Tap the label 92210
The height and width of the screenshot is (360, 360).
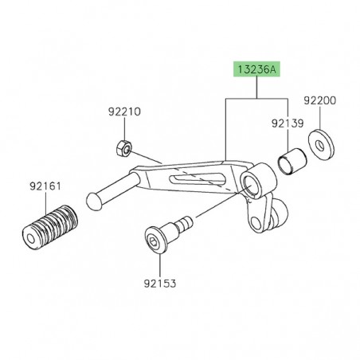[x=125, y=113]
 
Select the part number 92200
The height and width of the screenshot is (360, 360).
[x=319, y=102]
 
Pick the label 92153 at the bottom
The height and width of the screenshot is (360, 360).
[x=161, y=283]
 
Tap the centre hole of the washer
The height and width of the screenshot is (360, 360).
[x=320, y=145]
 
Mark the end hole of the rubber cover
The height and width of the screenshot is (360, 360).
[x=30, y=238]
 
